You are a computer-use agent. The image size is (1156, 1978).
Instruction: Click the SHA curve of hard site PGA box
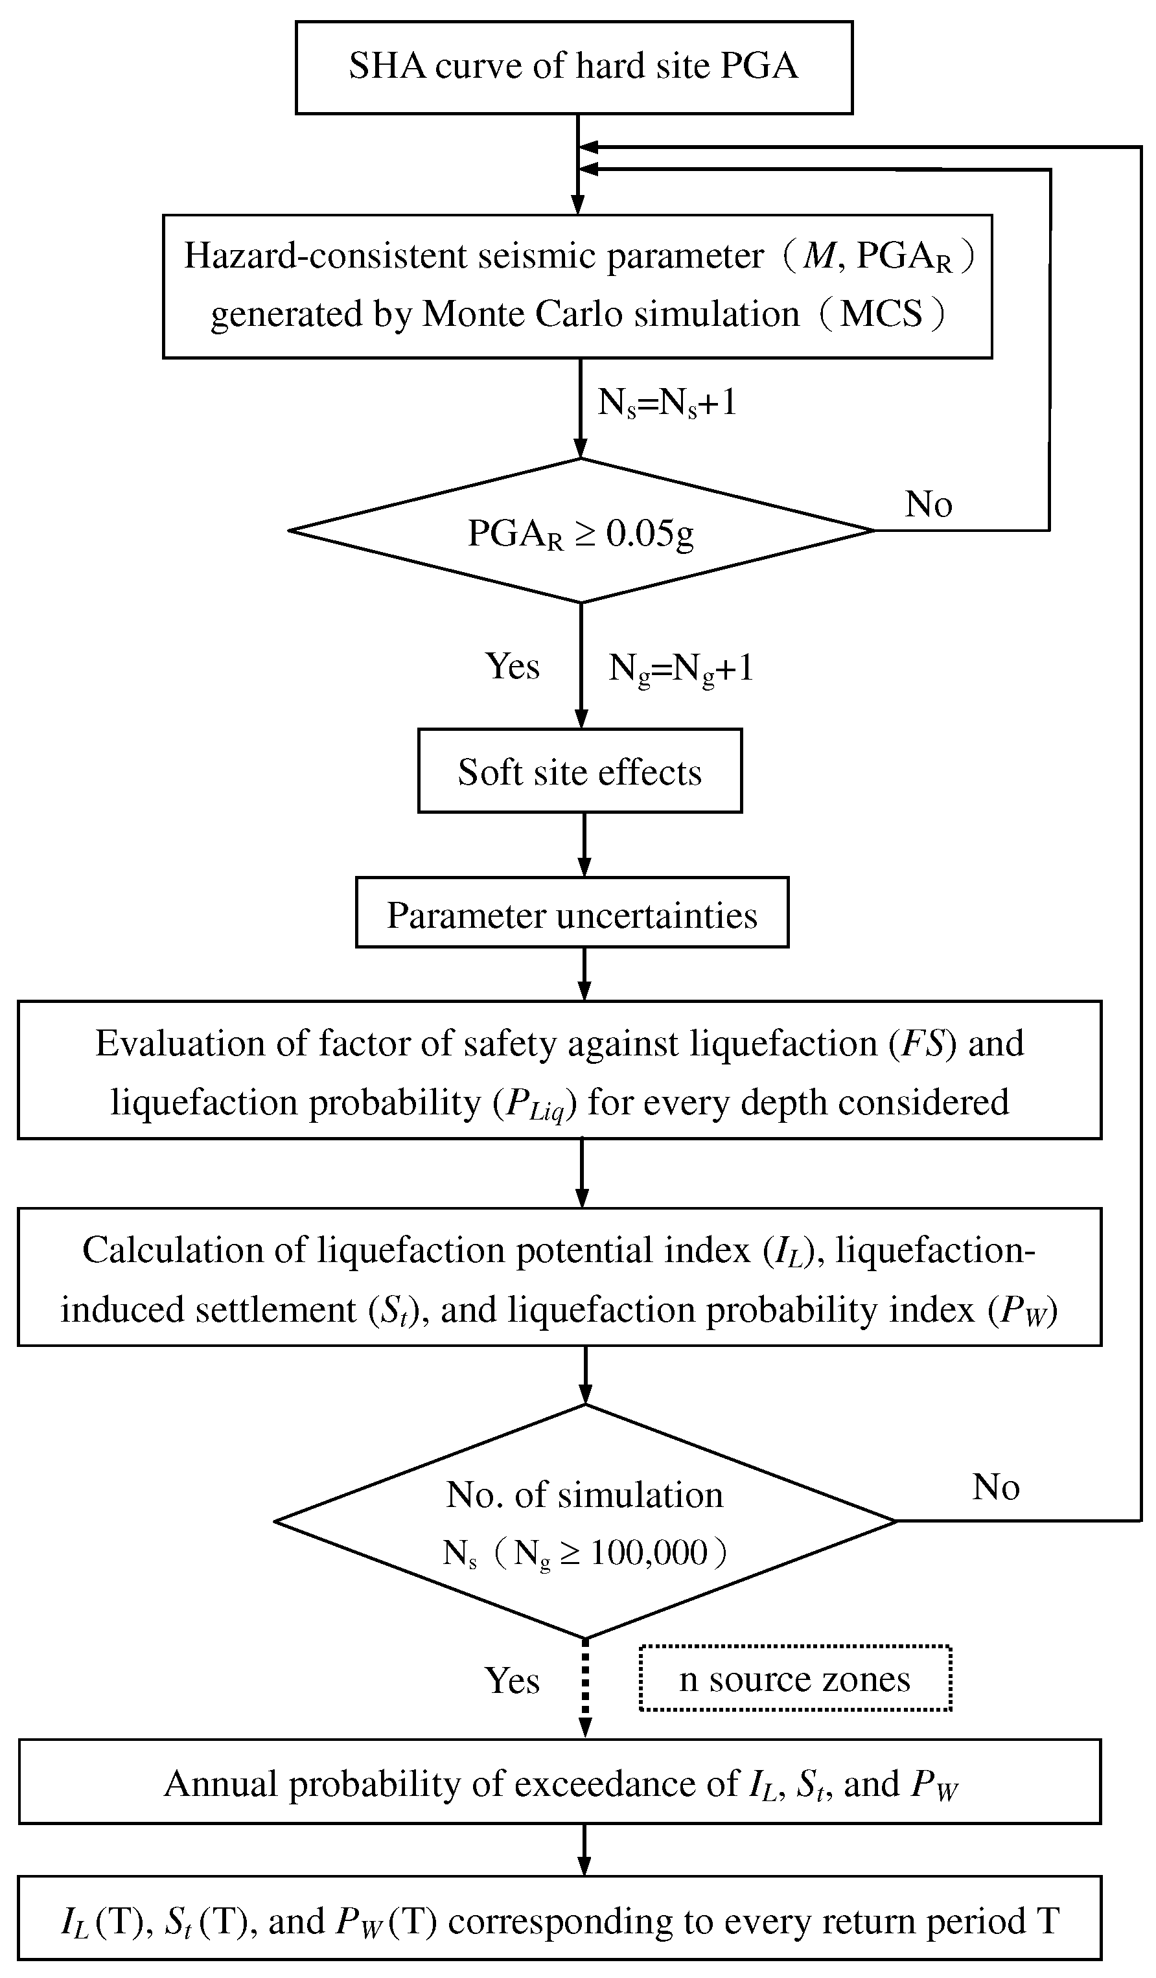tap(573, 67)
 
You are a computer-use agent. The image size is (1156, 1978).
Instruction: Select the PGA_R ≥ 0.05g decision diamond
tap(581, 531)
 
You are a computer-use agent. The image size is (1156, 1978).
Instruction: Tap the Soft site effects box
tap(579, 771)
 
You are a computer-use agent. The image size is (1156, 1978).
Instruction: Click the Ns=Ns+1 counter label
tap(667, 404)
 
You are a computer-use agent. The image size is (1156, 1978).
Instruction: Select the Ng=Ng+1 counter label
tap(680, 668)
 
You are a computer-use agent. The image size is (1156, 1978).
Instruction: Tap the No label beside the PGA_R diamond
tap(929, 504)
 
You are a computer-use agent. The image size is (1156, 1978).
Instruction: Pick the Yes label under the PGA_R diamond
tap(513, 667)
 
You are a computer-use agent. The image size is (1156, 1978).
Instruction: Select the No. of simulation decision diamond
tap(584, 1521)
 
